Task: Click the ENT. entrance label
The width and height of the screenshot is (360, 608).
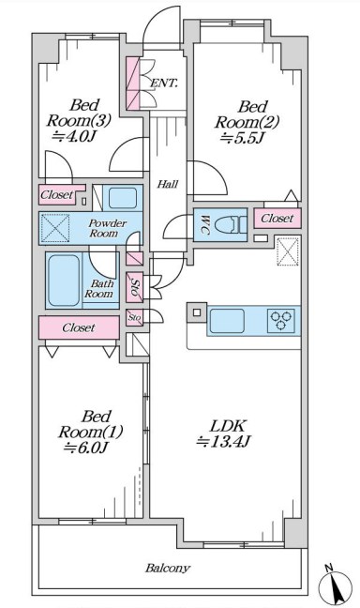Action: [x=164, y=83]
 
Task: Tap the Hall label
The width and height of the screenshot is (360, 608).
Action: [x=168, y=184]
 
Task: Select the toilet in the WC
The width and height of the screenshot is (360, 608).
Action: [x=230, y=225]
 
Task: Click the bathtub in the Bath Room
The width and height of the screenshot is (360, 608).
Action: [x=64, y=281]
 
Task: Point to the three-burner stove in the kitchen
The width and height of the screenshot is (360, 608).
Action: [x=281, y=321]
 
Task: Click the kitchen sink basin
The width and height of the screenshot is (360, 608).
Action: [x=227, y=321]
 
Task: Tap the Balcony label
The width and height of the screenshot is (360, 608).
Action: [x=168, y=569]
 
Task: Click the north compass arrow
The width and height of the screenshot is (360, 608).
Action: [x=336, y=585]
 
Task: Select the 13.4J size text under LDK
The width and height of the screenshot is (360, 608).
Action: [x=224, y=442]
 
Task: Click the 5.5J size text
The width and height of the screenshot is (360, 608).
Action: [x=243, y=138]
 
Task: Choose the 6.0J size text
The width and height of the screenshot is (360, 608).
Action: [x=85, y=448]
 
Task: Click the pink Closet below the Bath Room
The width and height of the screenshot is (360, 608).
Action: [x=79, y=327]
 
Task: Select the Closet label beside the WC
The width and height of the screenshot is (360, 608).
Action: [x=277, y=219]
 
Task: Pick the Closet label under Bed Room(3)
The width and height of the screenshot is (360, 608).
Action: [x=56, y=194]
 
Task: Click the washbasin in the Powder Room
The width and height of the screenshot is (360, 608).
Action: [x=123, y=198]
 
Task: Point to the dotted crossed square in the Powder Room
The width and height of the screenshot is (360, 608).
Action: [x=55, y=228]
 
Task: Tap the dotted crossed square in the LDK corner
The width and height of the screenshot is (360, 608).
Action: [x=289, y=251]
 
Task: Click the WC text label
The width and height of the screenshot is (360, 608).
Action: [x=204, y=225]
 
